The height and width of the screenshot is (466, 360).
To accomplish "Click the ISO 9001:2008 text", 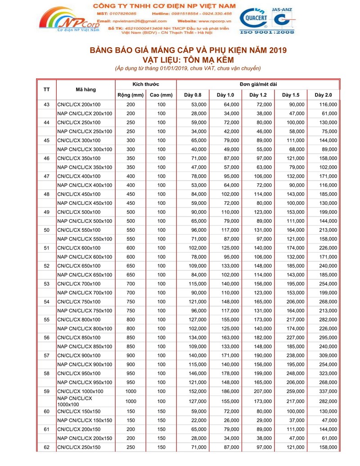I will tap(267, 32).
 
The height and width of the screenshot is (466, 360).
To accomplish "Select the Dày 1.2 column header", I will tap(258, 95).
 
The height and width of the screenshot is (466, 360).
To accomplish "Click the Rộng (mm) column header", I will tap(130, 95).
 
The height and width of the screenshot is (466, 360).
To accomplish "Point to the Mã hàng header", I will tap(85, 90).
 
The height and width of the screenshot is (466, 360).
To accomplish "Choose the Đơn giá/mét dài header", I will tap(258, 84).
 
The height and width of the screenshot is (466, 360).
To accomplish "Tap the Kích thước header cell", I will tap(146, 84).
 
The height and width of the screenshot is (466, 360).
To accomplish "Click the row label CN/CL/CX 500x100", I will tap(79, 212).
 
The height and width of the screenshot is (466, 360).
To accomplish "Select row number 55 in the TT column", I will tap(46, 320).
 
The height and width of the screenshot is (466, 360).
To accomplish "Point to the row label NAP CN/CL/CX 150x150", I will tap(85, 421).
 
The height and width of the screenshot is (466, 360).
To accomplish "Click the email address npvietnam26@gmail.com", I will tap(139, 21).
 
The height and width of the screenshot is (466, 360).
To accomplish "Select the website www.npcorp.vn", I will tap(214, 21).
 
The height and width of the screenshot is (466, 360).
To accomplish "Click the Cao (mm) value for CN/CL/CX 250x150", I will tap(162, 447).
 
